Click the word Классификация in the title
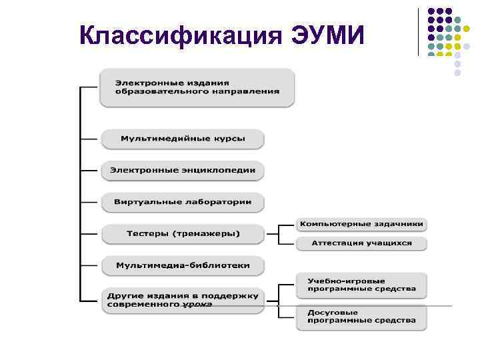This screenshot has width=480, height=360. (180, 35)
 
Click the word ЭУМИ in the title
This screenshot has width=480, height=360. (327, 35)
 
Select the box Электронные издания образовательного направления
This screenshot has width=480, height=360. (197, 87)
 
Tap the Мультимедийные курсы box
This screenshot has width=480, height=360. (183, 139)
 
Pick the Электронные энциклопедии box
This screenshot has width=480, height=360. (183, 170)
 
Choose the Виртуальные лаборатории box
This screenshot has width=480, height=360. (183, 201)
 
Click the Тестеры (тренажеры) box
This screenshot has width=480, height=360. (183, 233)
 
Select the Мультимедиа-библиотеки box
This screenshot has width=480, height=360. (183, 265)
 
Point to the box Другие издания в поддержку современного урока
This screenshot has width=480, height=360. (183, 299)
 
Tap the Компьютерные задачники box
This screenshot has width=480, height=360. (361, 225)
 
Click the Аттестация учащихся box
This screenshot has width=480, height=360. (361, 243)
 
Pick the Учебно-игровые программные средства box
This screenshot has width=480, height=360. (361, 285)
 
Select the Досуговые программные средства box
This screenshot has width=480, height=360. (361, 317)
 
